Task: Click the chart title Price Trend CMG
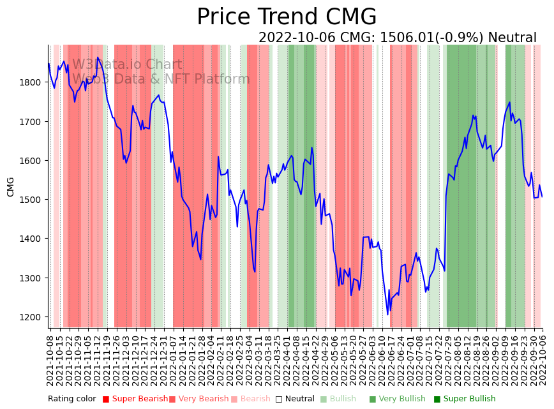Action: click(x=287, y=17)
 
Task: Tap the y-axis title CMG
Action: click(x=11, y=187)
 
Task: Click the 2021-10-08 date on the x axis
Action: click(x=50, y=360)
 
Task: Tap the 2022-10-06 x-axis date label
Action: click(x=543, y=360)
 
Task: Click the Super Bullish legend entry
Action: click(x=469, y=399)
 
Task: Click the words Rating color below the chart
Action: click(x=71, y=399)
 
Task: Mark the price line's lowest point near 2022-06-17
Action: click(x=387, y=314)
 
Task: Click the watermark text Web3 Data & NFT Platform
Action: click(x=161, y=79)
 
